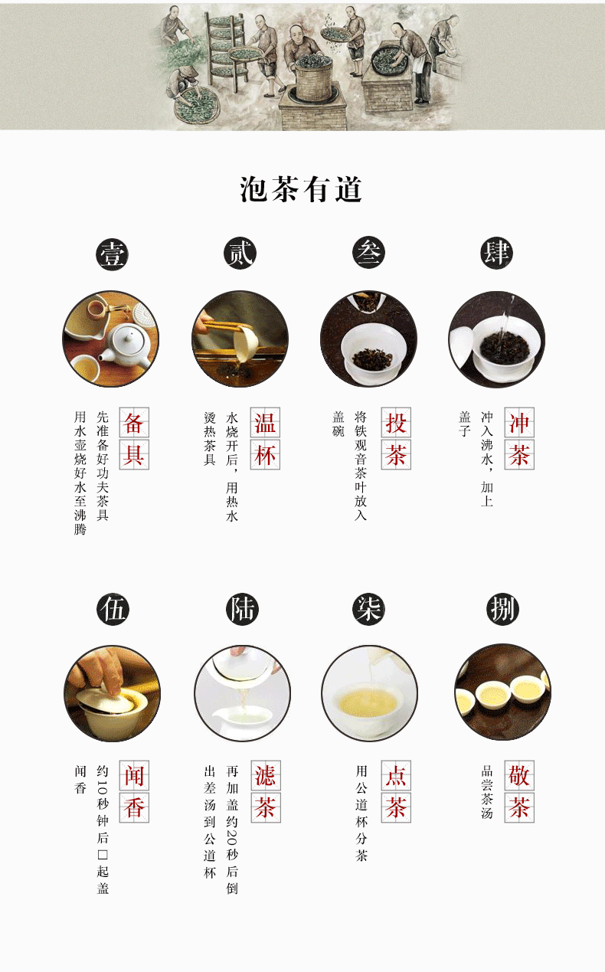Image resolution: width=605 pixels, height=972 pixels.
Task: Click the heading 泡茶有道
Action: (x=301, y=190)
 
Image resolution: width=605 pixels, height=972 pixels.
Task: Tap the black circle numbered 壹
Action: (x=112, y=254)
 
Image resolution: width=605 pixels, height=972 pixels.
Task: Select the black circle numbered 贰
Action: (x=240, y=254)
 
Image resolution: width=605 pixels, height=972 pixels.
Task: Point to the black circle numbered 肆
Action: (x=496, y=254)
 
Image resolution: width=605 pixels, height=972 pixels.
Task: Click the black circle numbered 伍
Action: (x=113, y=610)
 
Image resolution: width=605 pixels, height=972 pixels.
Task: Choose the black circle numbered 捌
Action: (x=503, y=610)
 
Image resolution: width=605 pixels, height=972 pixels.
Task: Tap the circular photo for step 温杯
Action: (x=240, y=339)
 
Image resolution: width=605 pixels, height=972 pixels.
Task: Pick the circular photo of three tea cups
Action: (x=503, y=692)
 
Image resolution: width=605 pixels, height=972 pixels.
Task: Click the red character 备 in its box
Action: (x=134, y=424)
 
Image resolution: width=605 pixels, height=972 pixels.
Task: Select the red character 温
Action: (x=265, y=424)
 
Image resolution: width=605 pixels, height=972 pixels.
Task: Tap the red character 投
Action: (x=396, y=424)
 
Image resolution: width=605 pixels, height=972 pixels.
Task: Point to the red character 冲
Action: (x=518, y=424)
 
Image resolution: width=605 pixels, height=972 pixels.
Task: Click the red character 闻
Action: (x=134, y=777)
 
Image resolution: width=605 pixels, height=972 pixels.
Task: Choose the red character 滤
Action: (x=265, y=777)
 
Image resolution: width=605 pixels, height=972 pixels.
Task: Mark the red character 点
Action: (x=396, y=777)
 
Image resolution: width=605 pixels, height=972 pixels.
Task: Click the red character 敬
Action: (x=518, y=777)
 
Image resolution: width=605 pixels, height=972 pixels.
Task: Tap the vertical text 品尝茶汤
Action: (x=486, y=792)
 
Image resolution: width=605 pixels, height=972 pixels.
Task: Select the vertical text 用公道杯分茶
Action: (x=361, y=813)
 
